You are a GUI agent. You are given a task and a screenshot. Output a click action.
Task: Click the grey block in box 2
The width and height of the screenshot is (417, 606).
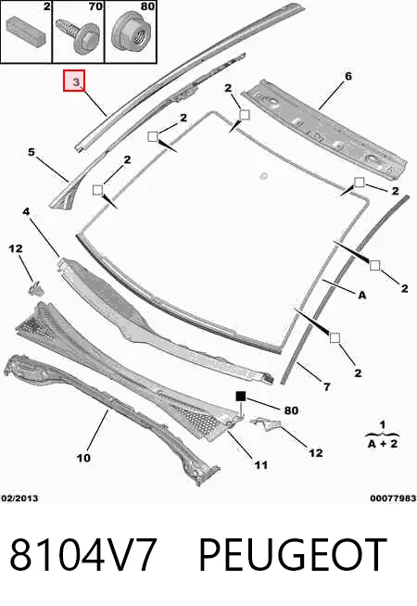[26, 30]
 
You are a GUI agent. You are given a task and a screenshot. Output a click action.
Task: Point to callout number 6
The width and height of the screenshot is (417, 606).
[348, 76]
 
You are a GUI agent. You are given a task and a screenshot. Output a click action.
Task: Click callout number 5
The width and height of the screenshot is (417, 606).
[32, 152]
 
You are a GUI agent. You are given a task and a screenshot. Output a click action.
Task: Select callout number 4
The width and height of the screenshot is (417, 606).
[26, 211]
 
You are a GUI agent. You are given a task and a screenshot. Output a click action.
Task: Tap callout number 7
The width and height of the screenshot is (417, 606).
[327, 386]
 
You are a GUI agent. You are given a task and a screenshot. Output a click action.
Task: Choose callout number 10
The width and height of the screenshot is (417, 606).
[83, 458]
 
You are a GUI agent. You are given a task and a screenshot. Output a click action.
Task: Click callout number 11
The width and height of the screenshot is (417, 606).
[261, 465]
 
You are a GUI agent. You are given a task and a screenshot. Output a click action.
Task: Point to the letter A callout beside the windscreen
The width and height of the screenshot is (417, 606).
[361, 296]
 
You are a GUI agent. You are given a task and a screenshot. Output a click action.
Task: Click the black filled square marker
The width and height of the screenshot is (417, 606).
[241, 397]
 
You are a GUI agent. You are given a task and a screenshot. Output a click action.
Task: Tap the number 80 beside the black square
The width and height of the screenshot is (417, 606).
[291, 410]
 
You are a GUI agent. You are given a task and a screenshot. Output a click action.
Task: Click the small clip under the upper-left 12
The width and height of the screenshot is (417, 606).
[35, 289]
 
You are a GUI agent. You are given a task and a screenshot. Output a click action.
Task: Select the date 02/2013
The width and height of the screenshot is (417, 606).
[19, 499]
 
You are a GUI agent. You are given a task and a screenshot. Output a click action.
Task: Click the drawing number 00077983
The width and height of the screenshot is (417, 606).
[393, 499]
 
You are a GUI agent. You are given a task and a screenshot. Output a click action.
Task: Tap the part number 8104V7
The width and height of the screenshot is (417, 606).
[83, 554]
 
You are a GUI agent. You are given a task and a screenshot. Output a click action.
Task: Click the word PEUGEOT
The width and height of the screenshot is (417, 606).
[293, 554]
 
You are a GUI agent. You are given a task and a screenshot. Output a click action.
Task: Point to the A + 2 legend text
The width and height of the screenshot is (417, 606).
[382, 443]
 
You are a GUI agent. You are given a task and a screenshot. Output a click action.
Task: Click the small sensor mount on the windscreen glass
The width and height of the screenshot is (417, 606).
[264, 176]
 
